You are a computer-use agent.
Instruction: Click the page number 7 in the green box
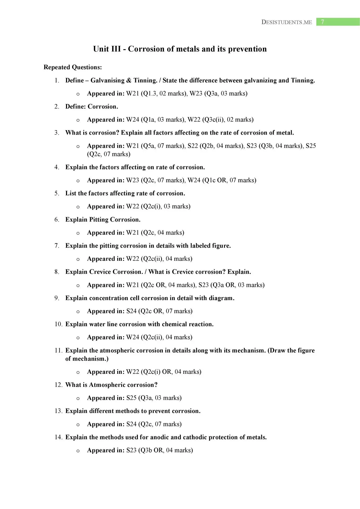pos(322,22)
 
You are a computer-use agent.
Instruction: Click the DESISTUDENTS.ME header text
pos(287,22)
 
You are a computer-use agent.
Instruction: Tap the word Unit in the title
pos(101,49)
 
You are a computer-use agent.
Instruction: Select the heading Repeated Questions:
pos(73,67)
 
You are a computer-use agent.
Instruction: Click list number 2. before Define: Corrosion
pos(57,107)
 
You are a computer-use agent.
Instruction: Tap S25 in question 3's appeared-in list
pos(311,146)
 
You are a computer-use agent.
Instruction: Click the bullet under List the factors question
pos(78,207)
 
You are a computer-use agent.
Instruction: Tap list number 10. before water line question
pos(58,324)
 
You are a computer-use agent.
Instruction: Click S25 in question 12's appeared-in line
pos(131,398)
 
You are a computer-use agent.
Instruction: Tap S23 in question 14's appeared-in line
pos(131,450)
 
